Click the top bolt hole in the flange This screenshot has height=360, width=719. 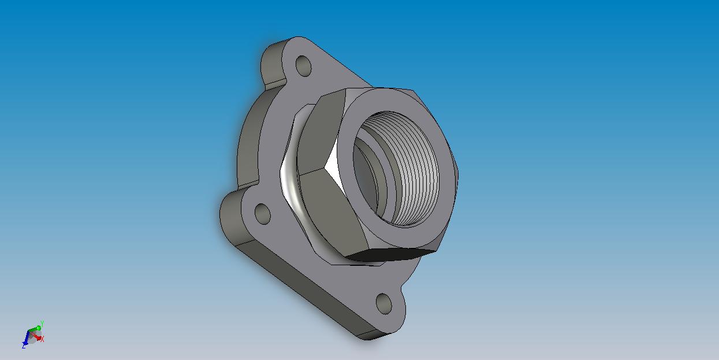click(x=303, y=66)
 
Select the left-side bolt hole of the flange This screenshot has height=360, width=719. click(x=262, y=214)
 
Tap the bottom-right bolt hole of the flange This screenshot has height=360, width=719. click(x=383, y=304)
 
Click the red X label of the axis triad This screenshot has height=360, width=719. click(x=42, y=339)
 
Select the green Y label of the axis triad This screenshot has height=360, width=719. click(x=42, y=324)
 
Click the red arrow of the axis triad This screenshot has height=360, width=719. click(x=35, y=336)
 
